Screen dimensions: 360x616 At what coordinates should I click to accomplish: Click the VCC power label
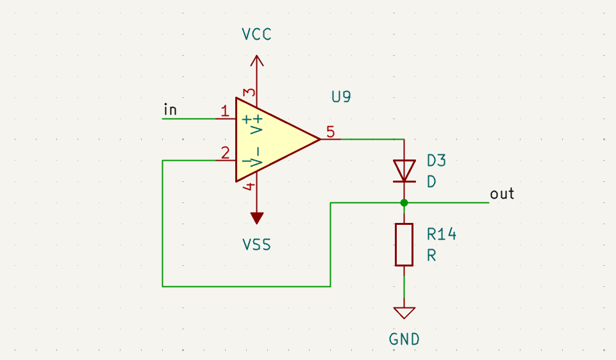coord(257,35)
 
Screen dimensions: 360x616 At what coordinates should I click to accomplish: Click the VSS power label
coord(256,245)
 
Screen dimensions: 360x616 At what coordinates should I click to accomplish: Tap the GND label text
coord(404,339)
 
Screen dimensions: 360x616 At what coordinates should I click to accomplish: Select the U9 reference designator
coord(341,97)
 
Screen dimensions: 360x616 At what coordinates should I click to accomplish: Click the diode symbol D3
coord(404,170)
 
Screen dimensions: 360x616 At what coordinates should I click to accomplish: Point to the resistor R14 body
coord(404,244)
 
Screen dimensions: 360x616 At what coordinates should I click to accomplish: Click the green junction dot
coord(404,203)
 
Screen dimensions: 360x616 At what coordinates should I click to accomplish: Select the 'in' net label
coord(170,110)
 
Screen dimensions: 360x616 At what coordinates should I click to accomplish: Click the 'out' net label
coord(502,193)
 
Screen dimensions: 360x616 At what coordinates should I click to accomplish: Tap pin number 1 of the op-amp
coord(224,111)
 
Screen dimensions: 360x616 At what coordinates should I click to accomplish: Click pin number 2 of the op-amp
coord(224,153)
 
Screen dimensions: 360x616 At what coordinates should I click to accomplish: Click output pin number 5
coord(330,132)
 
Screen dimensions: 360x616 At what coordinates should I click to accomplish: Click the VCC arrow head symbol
coord(257,60)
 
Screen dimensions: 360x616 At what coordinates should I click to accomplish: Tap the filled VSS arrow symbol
coord(257,218)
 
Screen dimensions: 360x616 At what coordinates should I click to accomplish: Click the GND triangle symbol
coord(404,313)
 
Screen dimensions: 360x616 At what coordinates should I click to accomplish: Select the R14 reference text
coord(442,234)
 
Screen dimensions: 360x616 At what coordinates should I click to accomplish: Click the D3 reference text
coord(436,160)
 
